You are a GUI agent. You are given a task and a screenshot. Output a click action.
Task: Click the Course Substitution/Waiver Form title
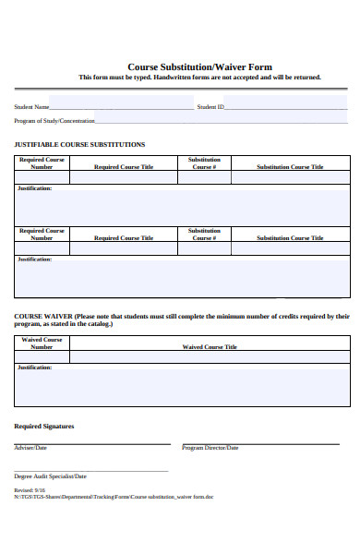click(199, 66)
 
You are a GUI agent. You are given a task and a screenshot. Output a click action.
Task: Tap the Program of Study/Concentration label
click(54, 120)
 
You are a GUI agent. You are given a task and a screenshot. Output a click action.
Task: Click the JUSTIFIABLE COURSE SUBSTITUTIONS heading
click(79, 145)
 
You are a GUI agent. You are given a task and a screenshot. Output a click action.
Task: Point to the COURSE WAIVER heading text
click(42, 316)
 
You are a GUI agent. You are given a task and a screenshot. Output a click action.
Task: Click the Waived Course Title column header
click(210, 347)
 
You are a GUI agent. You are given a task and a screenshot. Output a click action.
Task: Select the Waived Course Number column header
click(42, 343)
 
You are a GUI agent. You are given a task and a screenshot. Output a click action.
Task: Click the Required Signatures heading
click(44, 427)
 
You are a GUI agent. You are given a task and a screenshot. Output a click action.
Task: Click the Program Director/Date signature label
click(210, 448)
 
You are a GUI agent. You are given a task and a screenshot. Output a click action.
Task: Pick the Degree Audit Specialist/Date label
click(50, 476)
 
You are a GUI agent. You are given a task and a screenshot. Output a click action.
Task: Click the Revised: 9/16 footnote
click(29, 489)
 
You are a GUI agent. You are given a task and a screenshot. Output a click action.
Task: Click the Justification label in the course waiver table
click(34, 367)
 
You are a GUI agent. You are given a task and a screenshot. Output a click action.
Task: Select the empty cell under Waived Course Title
click(210, 357)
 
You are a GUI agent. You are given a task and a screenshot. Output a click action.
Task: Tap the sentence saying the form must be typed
click(199, 78)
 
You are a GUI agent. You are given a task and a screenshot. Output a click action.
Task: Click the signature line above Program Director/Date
click(266, 443)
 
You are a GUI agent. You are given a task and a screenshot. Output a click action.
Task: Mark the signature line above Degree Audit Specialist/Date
click(91, 471)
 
